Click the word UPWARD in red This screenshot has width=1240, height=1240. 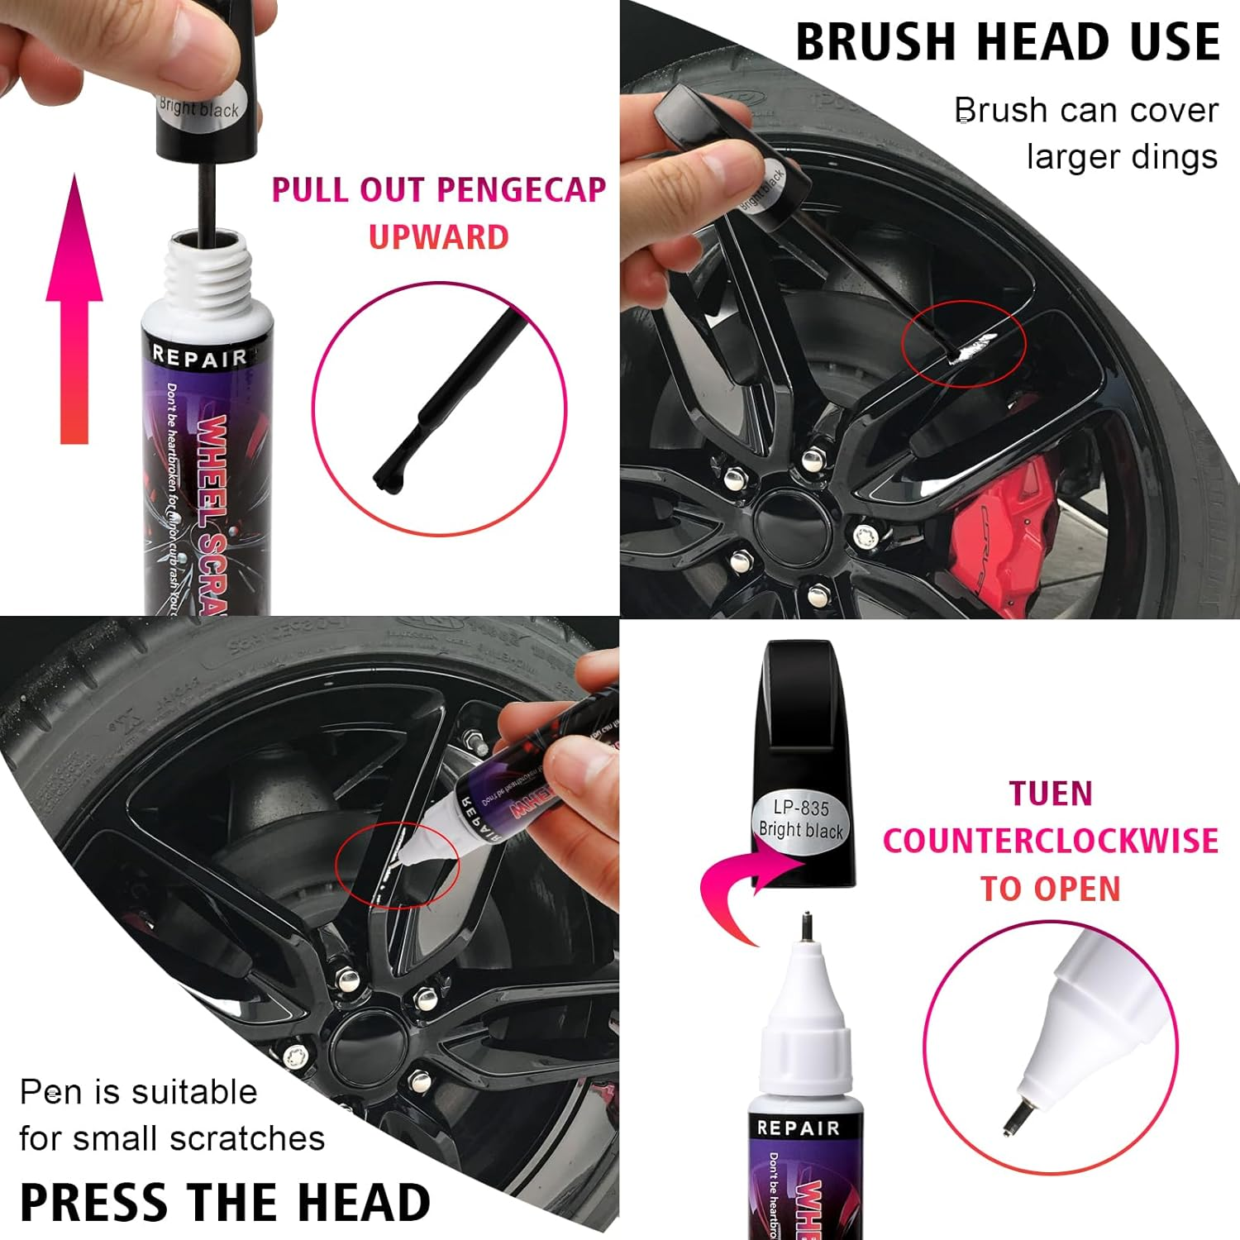pos(438,238)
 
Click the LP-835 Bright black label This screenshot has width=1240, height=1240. pos(800,819)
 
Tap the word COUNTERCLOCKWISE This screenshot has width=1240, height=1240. pos(1050,841)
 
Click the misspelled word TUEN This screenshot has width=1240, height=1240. pos(1050,794)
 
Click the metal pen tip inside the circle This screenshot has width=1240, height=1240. pos(1015,1120)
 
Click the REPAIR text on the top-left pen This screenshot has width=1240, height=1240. pos(199,357)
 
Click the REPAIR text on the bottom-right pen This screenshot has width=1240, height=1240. pos(798,1128)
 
